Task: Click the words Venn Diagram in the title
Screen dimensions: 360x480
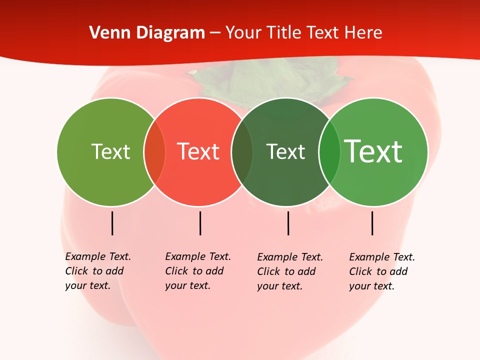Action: click(x=147, y=33)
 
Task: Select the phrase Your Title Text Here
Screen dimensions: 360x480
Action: click(x=304, y=33)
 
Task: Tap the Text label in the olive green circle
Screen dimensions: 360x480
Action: click(x=110, y=151)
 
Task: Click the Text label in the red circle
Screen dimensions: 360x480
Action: click(x=198, y=151)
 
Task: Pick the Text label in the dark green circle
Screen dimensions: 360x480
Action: click(x=285, y=151)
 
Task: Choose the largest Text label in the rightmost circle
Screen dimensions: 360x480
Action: click(x=373, y=151)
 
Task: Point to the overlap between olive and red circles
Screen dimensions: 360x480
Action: click(x=154, y=152)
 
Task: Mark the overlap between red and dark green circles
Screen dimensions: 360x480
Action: click(x=242, y=152)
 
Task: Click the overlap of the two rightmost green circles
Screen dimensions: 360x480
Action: click(x=329, y=152)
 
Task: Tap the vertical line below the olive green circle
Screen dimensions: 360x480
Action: click(x=112, y=223)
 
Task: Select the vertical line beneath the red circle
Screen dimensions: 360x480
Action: click(x=200, y=223)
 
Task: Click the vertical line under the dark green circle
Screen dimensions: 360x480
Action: click(x=288, y=223)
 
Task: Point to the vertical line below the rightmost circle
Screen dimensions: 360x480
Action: click(x=372, y=223)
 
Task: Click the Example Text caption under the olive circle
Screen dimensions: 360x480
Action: click(x=97, y=271)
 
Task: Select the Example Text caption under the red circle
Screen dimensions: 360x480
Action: click(x=197, y=271)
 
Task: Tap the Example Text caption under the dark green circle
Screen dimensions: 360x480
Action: click(x=289, y=271)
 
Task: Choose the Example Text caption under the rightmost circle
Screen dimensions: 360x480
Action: click(x=381, y=271)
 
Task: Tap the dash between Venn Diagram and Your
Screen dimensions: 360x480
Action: click(x=215, y=33)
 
